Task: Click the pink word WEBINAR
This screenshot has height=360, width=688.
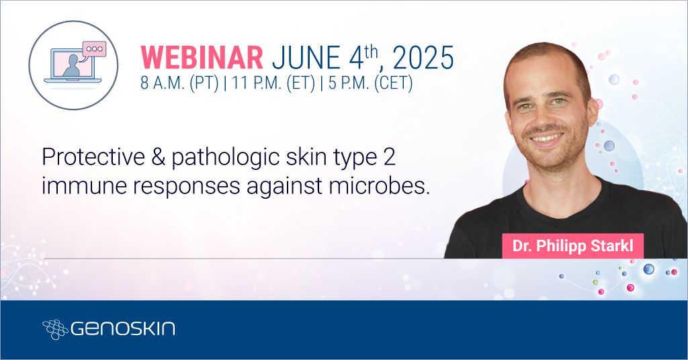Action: point(202,58)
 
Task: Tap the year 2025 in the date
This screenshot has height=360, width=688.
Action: point(423,58)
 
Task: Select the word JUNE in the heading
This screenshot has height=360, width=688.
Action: point(306,58)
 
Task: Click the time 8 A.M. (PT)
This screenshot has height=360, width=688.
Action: point(179,83)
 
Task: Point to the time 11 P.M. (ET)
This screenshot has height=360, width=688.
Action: point(274,83)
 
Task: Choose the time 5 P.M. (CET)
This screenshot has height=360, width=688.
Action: point(371,83)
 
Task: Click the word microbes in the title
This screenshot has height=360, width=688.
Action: point(378,186)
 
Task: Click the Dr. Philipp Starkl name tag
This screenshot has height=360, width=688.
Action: point(572,246)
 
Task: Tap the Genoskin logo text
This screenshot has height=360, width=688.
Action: point(123,328)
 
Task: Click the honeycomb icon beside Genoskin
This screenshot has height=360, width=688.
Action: point(55,329)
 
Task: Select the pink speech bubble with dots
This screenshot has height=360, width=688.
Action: point(94,50)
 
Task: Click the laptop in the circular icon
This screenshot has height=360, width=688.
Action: point(73,66)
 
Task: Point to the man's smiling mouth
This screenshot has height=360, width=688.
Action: point(546,138)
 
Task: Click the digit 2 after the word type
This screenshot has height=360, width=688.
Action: point(389,157)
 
